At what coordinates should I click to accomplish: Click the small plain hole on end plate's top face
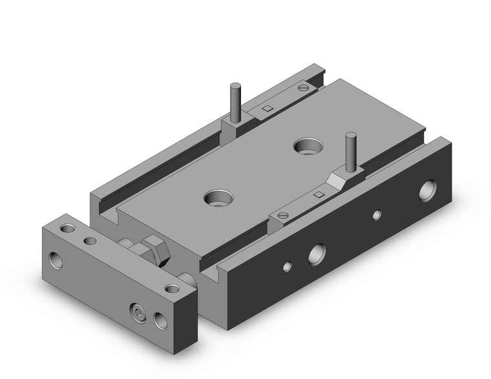click(90, 241)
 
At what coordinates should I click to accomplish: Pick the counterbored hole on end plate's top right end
click(171, 288)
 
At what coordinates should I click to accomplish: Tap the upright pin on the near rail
click(351, 151)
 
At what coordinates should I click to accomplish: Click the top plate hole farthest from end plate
click(306, 145)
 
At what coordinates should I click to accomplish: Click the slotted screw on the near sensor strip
click(281, 215)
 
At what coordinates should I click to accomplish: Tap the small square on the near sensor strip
click(317, 194)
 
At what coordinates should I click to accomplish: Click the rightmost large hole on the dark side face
click(427, 191)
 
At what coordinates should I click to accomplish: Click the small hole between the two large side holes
click(377, 214)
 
